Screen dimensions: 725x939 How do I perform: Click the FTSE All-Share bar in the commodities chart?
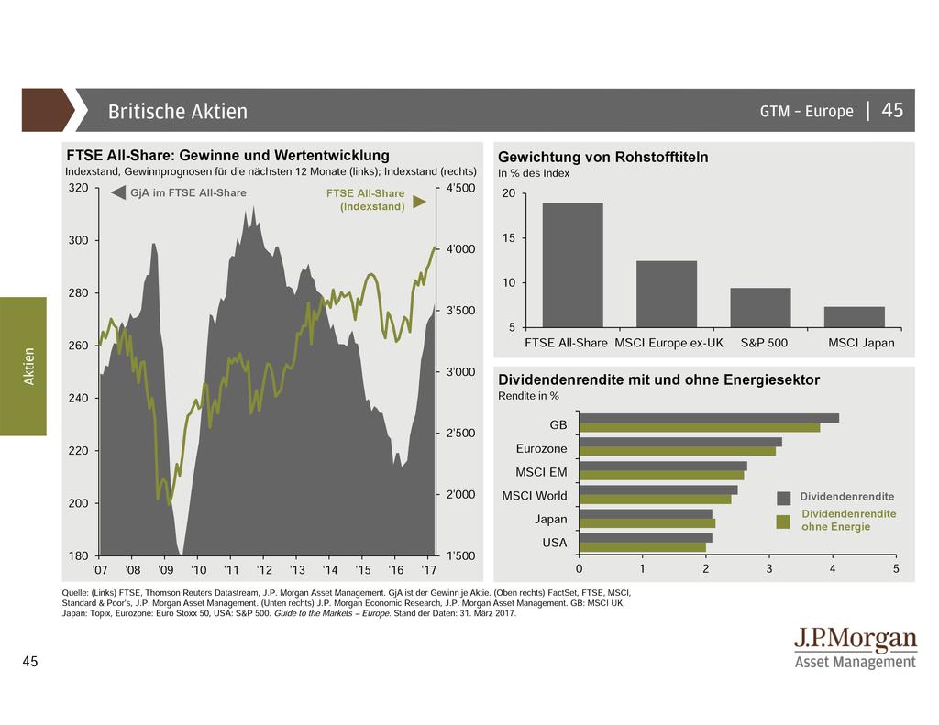573,265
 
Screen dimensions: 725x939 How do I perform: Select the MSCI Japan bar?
854,317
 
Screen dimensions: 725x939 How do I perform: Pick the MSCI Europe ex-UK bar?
667,293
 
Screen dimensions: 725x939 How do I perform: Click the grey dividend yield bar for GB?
708,418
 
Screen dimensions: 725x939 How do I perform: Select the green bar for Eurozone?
677,451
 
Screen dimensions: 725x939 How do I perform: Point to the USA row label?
554,543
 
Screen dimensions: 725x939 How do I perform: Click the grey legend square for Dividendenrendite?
784,498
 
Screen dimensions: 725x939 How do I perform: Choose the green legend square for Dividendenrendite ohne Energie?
784,522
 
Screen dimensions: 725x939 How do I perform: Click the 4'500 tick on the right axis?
459,188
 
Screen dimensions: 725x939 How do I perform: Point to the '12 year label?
264,570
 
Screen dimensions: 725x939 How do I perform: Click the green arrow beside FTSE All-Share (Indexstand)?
419,201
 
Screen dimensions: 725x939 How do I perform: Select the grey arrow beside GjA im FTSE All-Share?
117,193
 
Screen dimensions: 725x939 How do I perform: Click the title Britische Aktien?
178,112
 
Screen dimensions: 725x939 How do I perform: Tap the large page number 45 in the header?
892,111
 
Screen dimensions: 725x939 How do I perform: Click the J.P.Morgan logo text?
855,640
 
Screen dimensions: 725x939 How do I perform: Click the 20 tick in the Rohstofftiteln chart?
509,193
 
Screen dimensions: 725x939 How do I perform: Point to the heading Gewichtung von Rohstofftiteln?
602,158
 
